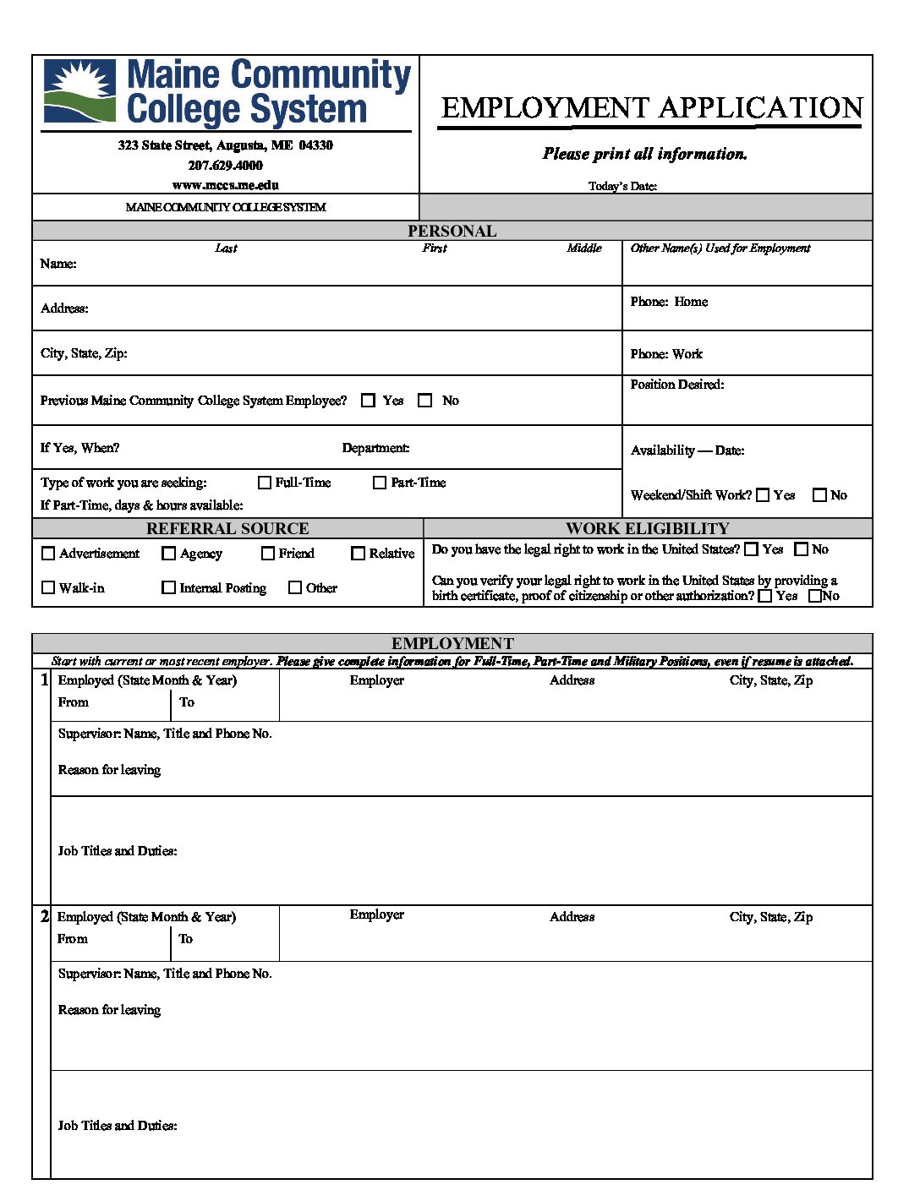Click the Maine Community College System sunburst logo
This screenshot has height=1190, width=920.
(79, 91)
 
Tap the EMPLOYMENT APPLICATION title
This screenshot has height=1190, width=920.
(651, 108)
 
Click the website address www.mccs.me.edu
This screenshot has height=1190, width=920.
(225, 185)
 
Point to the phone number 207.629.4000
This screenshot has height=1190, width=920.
(225, 166)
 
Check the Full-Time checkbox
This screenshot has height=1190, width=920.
(265, 483)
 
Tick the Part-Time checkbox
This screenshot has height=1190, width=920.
(380, 483)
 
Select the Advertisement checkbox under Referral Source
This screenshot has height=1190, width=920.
(48, 554)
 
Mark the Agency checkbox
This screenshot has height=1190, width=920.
(168, 554)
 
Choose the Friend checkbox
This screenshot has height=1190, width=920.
(268, 554)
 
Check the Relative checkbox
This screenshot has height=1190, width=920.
(358, 554)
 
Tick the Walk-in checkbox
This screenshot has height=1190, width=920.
(48, 587)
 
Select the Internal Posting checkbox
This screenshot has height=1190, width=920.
(168, 587)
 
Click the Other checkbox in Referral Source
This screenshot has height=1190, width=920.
(295, 587)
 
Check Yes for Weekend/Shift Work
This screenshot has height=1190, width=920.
(763, 495)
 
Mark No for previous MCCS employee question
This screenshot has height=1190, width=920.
(425, 401)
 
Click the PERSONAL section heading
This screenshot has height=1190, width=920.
(452, 231)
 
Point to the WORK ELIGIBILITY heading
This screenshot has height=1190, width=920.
(647, 528)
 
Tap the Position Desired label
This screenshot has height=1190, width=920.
(676, 385)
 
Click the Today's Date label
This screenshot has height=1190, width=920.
(622, 186)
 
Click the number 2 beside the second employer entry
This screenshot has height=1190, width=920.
(45, 916)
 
